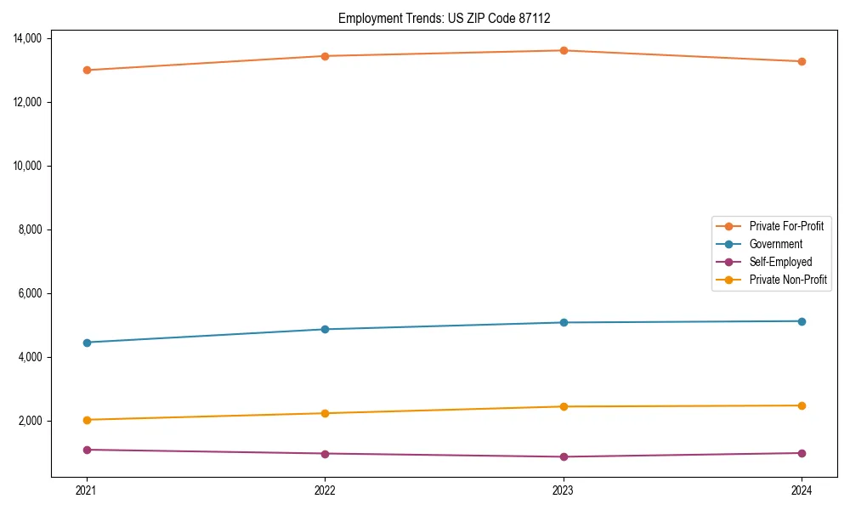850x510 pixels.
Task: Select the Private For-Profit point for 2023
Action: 564,50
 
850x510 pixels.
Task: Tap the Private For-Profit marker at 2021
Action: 86,70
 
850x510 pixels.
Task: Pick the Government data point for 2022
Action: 325,329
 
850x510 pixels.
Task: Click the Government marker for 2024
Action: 802,321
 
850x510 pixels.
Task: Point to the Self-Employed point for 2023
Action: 564,456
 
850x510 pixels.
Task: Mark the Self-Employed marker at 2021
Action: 86,450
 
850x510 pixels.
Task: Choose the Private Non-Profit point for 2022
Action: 325,413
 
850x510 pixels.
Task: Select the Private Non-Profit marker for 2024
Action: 802,405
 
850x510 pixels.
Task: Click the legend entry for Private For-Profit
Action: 785,226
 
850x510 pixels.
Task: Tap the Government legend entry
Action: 775,244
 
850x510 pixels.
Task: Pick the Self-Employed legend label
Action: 780,262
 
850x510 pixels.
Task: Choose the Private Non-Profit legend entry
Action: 788,280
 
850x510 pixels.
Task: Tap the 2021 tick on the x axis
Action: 86,490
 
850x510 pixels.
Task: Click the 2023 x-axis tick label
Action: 564,490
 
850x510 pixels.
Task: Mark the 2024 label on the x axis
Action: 802,490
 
